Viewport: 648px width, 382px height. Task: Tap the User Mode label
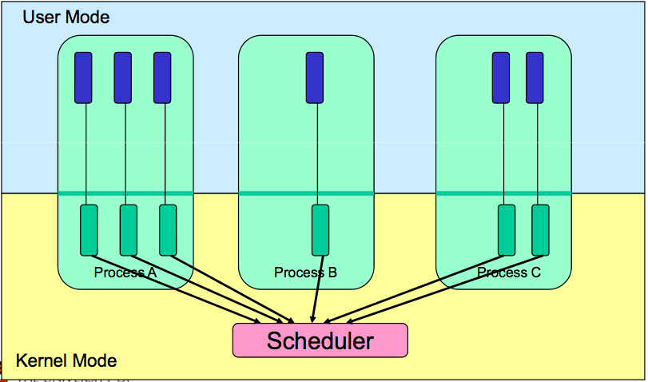tap(66, 17)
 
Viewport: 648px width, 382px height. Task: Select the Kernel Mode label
tap(66, 361)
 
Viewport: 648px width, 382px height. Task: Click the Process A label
tap(125, 273)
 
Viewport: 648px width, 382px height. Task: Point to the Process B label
tap(305, 273)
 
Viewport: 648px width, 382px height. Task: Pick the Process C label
tap(509, 273)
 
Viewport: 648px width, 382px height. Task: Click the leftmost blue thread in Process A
tap(84, 78)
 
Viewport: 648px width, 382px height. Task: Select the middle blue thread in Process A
tap(123, 78)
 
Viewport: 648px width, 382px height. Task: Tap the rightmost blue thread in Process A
tap(162, 78)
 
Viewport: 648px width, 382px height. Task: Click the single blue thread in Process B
tap(315, 78)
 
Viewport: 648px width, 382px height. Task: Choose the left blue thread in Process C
tap(501, 78)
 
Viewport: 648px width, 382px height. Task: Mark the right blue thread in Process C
tap(535, 78)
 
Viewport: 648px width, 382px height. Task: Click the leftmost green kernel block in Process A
tap(89, 230)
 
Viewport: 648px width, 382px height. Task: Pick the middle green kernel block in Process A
tap(128, 230)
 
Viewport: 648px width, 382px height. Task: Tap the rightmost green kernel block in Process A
tap(167, 230)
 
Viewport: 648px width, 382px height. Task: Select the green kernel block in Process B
tap(320, 230)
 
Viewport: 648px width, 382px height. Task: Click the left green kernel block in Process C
tap(507, 230)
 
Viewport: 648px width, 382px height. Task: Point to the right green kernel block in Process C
tap(540, 230)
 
